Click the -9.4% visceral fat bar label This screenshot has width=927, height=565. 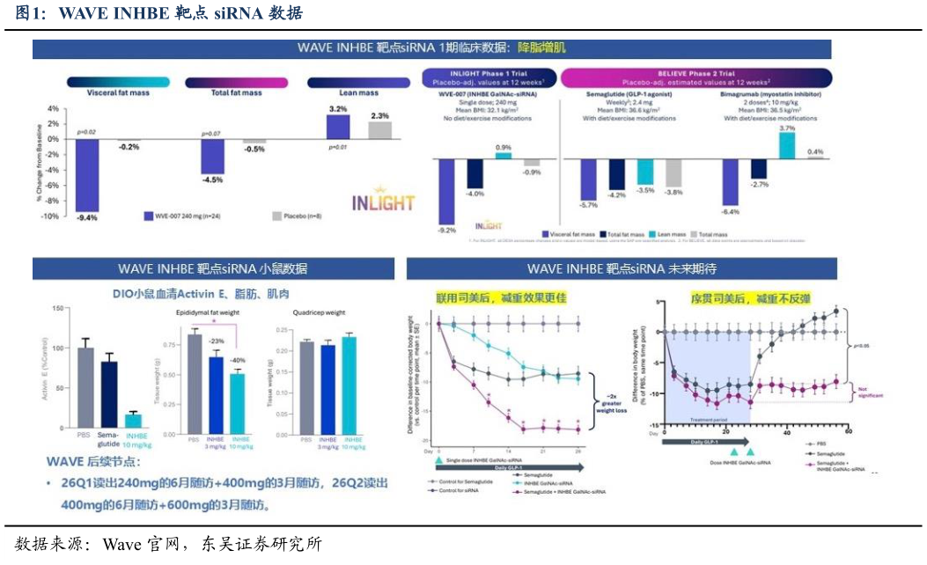[x=86, y=217]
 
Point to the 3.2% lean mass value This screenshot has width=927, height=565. [x=338, y=108]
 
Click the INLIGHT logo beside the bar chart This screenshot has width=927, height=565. [x=383, y=202]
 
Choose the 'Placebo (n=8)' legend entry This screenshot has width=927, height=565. [x=303, y=216]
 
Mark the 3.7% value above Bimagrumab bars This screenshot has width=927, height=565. [x=787, y=128]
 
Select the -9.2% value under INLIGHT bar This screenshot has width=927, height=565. [x=447, y=231]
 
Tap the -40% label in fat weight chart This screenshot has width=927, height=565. [x=238, y=361]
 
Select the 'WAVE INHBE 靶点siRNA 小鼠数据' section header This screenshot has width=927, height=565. [x=213, y=269]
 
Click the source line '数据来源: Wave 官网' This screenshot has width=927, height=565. [x=167, y=544]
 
